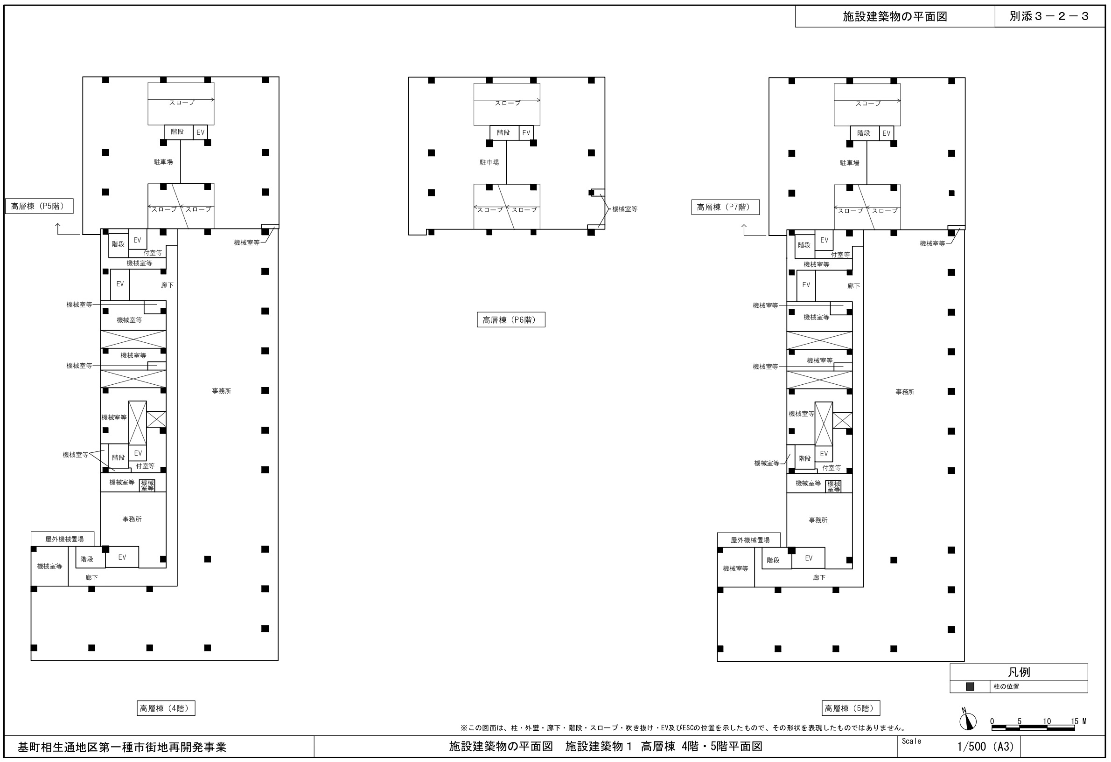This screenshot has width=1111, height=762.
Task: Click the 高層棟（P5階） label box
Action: point(39,207)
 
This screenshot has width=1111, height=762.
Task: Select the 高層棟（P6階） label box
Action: point(510,319)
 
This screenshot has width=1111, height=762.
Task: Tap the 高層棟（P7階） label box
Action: point(725,208)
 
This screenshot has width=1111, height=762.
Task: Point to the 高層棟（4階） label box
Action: point(166,708)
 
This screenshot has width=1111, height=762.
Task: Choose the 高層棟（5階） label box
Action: point(851,708)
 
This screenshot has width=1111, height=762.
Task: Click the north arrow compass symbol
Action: point(968,720)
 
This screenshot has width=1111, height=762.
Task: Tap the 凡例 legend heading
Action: point(1019,672)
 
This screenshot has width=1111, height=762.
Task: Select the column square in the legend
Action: point(970,686)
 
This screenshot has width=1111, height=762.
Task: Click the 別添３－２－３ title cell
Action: point(1049,16)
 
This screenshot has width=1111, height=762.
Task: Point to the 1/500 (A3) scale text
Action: point(985,746)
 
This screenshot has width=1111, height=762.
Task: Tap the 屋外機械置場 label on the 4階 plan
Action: point(64,539)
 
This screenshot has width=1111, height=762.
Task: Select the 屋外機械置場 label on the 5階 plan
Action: point(750,540)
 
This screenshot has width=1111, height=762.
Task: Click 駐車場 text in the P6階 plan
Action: point(489,162)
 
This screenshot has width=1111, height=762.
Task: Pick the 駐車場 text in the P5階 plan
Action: point(163,162)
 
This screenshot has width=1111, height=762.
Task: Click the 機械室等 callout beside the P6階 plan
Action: point(625,209)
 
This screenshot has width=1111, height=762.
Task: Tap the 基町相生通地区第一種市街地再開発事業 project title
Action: point(122,747)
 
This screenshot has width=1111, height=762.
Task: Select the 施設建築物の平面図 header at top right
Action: point(895,16)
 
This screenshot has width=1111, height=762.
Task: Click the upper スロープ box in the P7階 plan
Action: point(867,105)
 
